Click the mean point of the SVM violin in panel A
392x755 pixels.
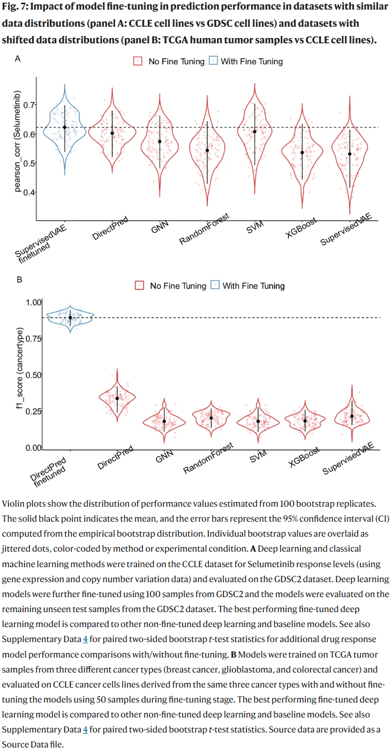click(x=255, y=132)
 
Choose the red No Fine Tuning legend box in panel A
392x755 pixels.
click(x=138, y=61)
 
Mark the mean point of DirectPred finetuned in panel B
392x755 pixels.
click(x=70, y=317)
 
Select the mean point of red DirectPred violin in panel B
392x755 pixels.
click(x=117, y=398)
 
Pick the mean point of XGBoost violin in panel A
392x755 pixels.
click(x=302, y=152)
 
